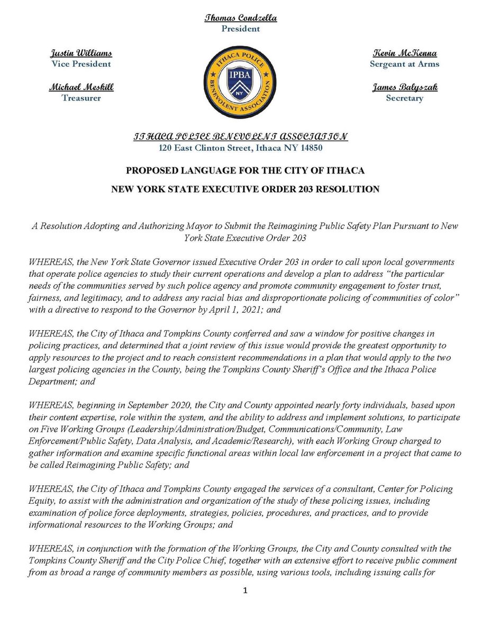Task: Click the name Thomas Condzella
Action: point(241,19)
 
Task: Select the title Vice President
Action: point(81,64)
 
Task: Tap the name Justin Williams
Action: point(81,54)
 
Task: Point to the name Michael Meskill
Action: point(80,88)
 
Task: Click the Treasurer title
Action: point(80,98)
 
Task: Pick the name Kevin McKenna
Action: point(405,54)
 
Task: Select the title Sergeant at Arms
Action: point(405,64)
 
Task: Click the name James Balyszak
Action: point(405,88)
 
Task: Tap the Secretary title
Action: point(405,98)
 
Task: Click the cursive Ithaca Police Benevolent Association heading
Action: point(241,137)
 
